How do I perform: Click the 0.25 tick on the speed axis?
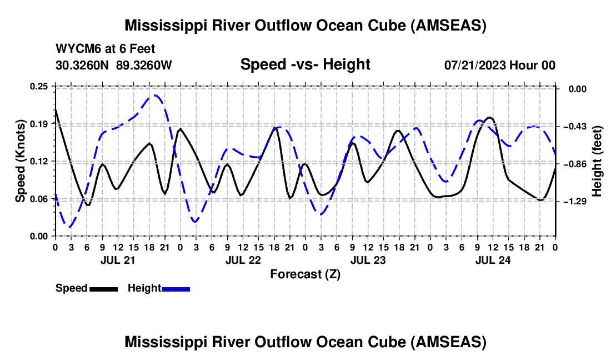click(39, 86)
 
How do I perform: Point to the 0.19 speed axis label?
click(39, 124)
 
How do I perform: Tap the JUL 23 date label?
click(368, 260)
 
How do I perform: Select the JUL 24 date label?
click(493, 260)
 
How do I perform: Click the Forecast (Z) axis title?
click(305, 274)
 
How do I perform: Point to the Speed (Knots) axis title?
click(21, 161)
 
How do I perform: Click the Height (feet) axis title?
click(597, 161)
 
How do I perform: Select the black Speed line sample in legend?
click(103, 289)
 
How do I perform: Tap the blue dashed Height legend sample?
click(176, 289)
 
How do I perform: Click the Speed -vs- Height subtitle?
click(305, 64)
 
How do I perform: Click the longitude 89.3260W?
click(144, 65)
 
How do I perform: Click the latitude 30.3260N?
click(83, 65)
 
